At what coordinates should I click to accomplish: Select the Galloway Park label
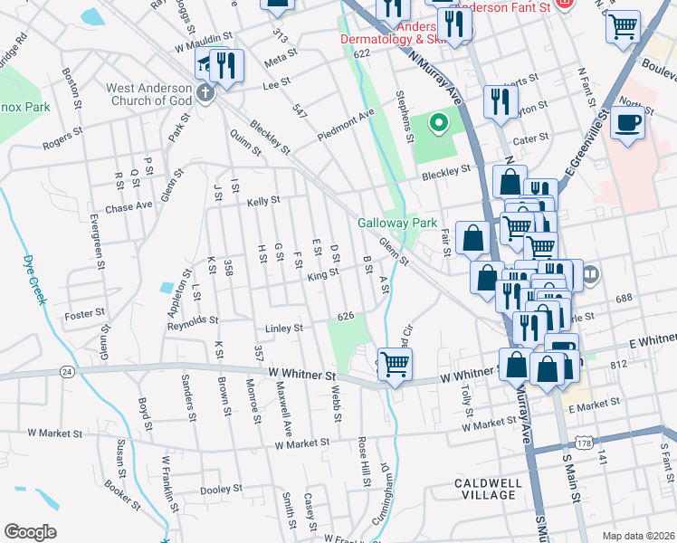pyautogui.click(x=397, y=223)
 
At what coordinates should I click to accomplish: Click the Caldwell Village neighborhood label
pyautogui.click(x=489, y=490)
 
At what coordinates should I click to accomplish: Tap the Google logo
pyautogui.click(x=30, y=531)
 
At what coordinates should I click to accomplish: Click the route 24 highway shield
pyautogui.click(x=67, y=371)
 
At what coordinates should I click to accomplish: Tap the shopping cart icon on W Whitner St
pyautogui.click(x=394, y=365)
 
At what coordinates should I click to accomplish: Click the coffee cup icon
pyautogui.click(x=627, y=122)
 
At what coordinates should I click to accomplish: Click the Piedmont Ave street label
pyautogui.click(x=346, y=126)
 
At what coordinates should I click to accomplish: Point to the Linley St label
pyautogui.click(x=282, y=328)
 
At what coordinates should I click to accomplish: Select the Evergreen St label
pyautogui.click(x=93, y=245)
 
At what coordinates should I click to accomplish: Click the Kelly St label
pyautogui.click(x=263, y=201)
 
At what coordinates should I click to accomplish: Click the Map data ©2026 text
pyautogui.click(x=639, y=536)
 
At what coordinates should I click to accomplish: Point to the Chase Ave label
pyautogui.click(x=129, y=206)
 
